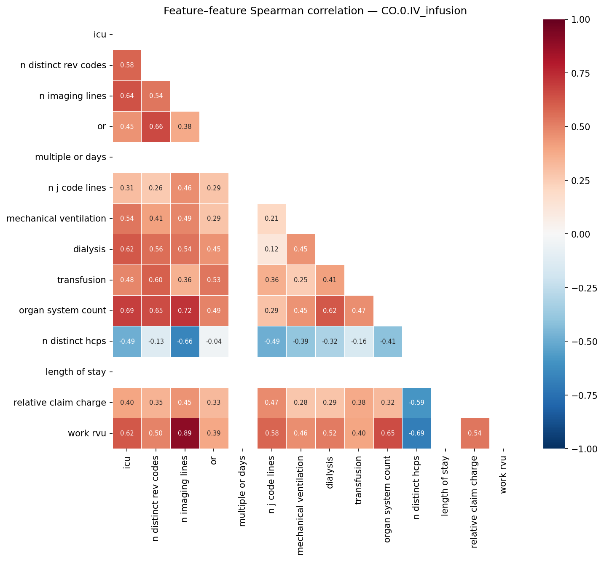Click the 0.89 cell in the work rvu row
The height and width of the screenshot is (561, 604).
point(185,433)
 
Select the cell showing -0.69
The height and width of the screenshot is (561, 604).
point(416,433)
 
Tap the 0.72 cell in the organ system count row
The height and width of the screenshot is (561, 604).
point(185,311)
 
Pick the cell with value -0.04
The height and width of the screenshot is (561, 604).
point(214,342)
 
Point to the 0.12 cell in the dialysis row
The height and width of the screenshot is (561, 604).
point(271,249)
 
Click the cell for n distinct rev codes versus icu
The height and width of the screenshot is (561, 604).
point(127,65)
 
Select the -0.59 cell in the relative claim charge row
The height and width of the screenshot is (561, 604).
point(416,403)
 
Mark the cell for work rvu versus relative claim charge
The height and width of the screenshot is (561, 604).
point(475,433)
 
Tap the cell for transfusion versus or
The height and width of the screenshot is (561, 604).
point(214,280)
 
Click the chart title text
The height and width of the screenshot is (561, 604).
point(315,11)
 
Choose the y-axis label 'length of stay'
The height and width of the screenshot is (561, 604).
point(75,372)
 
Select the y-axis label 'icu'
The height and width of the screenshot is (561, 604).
point(100,35)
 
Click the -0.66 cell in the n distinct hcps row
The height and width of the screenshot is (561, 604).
point(185,342)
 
